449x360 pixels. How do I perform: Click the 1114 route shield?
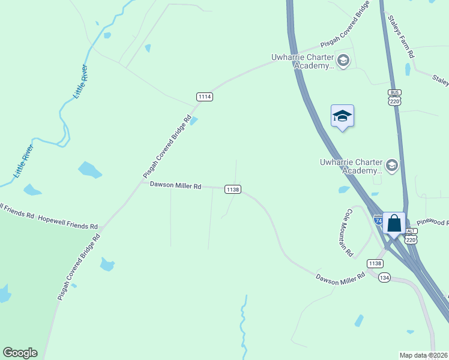tap(205, 97)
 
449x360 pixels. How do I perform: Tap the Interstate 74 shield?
tap(378, 220)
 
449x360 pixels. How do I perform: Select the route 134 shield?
tap(385, 277)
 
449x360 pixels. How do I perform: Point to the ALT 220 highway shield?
tap(411, 236)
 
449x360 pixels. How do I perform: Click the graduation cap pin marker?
tap(342, 116)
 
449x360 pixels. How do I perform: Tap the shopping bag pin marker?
tap(394, 224)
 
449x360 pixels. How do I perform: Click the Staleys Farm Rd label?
tap(401, 37)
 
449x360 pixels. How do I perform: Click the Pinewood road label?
tap(432, 223)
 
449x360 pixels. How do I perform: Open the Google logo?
tap(20, 353)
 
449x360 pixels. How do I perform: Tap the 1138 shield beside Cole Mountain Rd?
tap(375, 263)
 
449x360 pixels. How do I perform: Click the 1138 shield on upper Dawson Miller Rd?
tap(233, 189)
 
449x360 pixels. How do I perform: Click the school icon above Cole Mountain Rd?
tap(392, 164)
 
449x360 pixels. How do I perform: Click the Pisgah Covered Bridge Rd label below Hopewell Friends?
tap(79, 267)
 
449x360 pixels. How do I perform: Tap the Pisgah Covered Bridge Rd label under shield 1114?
tap(167, 146)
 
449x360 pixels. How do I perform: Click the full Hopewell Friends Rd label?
tap(68, 221)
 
